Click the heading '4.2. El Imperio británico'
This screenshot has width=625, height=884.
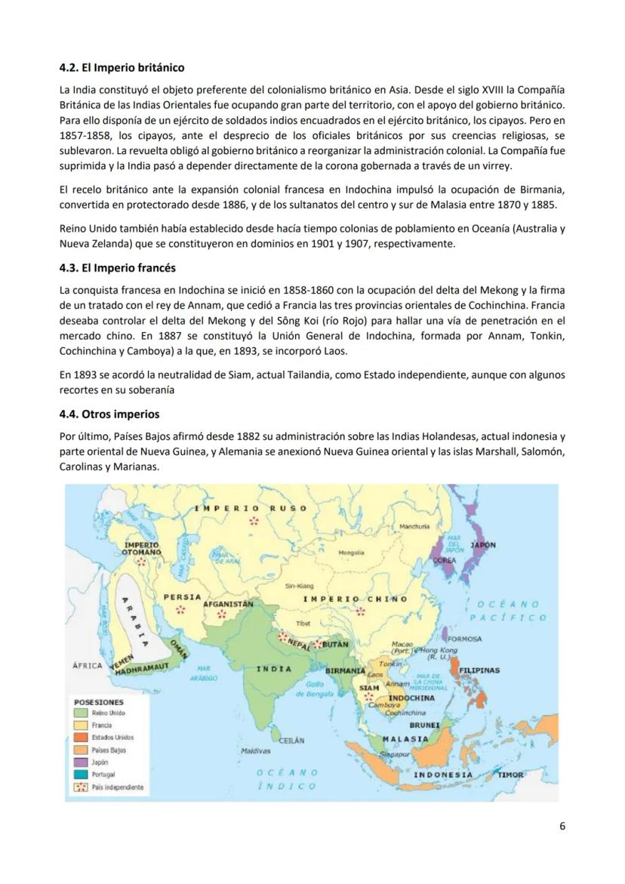[122, 68]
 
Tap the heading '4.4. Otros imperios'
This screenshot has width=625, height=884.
[109, 414]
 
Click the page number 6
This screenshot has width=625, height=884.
[562, 825]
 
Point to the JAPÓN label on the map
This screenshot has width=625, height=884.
[483, 544]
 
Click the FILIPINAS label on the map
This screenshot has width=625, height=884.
[479, 670]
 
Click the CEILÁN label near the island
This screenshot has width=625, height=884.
[291, 741]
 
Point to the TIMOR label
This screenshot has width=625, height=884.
[510, 775]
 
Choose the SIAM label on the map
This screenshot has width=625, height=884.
[368, 688]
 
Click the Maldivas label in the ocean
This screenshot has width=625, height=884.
[255, 751]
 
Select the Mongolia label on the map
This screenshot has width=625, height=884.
[351, 553]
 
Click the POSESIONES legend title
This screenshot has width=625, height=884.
[99, 701]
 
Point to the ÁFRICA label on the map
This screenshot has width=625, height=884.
[87, 666]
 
